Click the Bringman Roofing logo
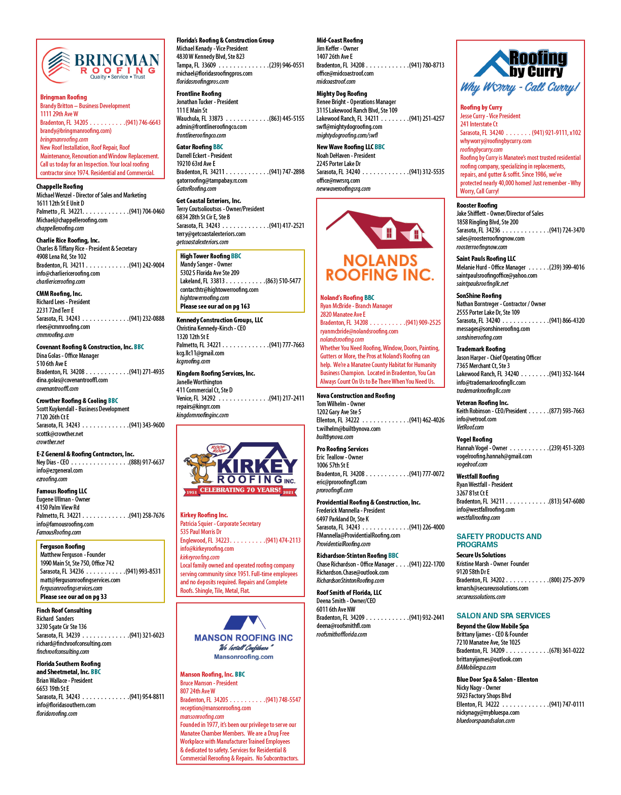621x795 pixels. [x=100, y=65]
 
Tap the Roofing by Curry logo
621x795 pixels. [x=520, y=72]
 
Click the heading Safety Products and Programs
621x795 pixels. [x=499, y=540]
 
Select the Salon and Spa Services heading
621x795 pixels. [x=503, y=615]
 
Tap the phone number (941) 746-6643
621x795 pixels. [x=143, y=122]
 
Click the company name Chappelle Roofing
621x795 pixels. [x=59, y=187]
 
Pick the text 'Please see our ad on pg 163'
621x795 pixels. [x=215, y=306]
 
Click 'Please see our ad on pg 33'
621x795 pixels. [x=74, y=597]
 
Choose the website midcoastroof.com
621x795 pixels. [x=336, y=82]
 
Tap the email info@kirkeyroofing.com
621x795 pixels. [x=207, y=548]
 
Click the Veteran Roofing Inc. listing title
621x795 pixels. [x=482, y=403]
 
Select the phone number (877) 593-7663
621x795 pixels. [x=567, y=411]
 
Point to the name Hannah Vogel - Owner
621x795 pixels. [x=482, y=448]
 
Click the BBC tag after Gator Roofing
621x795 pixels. [x=218, y=147]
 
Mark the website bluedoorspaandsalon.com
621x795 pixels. [x=486, y=720]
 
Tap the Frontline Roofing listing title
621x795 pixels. [x=199, y=93]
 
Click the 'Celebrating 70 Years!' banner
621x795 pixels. [x=240, y=490]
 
